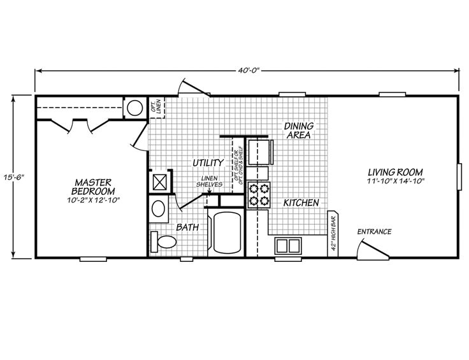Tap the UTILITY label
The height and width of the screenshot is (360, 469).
tap(208, 163)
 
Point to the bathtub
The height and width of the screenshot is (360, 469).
tap(227, 233)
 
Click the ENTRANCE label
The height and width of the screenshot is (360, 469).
tap(373, 231)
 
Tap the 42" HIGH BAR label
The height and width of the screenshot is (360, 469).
tap(333, 234)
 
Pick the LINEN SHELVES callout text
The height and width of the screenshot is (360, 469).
tap(210, 181)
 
